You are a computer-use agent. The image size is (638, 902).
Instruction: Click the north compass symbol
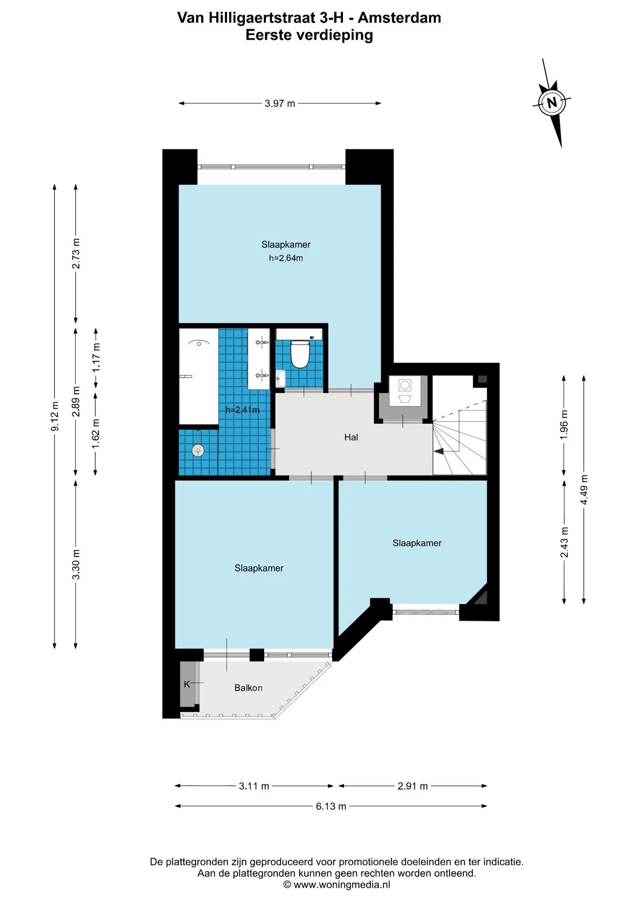point(552,103)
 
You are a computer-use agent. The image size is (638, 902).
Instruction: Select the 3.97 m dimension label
point(280,103)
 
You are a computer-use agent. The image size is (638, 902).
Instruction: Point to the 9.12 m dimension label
point(55,416)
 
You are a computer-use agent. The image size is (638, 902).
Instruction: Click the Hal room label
point(351,437)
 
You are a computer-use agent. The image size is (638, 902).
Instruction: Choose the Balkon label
point(248,688)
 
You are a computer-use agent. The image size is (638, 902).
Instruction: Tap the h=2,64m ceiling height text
point(286,258)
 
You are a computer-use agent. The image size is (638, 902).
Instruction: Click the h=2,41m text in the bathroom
point(242,410)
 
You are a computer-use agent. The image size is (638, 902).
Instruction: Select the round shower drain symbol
point(198,451)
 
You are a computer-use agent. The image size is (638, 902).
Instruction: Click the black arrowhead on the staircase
point(439,451)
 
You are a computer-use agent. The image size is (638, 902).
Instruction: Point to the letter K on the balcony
point(187,684)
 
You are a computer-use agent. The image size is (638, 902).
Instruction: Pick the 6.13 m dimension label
point(331,806)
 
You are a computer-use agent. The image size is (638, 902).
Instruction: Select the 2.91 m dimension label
point(412,786)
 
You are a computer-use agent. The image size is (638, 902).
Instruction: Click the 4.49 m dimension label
point(584,490)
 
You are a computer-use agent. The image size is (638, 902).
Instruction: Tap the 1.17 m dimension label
point(96,358)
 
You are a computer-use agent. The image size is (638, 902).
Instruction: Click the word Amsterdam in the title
point(399,18)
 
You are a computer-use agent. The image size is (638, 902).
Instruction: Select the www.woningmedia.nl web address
point(342,885)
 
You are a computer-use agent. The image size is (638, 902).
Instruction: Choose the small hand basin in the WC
point(280,378)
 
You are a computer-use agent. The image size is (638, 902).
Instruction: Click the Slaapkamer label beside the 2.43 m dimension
point(417,543)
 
